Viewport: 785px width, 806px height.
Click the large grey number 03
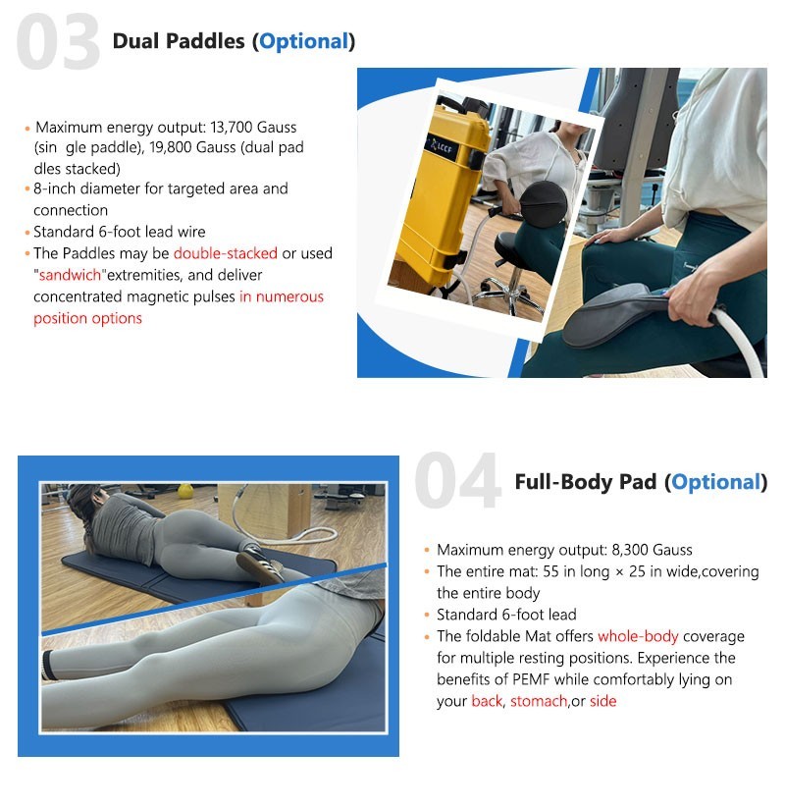coord(58,41)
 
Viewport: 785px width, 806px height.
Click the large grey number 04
coord(458,481)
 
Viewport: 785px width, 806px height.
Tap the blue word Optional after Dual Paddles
coord(303,41)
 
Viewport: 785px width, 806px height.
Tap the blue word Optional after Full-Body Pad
coord(715,482)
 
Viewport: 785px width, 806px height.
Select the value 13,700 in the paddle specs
coord(232,127)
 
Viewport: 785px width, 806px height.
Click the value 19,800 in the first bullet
coord(171,147)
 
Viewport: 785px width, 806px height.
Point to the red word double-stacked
coord(226,253)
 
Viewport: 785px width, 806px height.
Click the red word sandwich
coord(70,275)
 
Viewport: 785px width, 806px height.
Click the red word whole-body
coord(638,636)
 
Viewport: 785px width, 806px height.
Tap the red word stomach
coord(539,701)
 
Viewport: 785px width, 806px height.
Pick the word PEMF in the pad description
coord(531,679)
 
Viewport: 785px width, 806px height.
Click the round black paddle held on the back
coord(543,204)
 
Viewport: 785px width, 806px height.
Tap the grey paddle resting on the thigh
coord(616,316)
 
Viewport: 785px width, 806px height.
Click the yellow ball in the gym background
coord(185,492)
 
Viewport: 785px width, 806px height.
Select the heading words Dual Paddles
coord(179,41)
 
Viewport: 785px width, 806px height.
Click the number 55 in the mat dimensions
coord(550,571)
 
